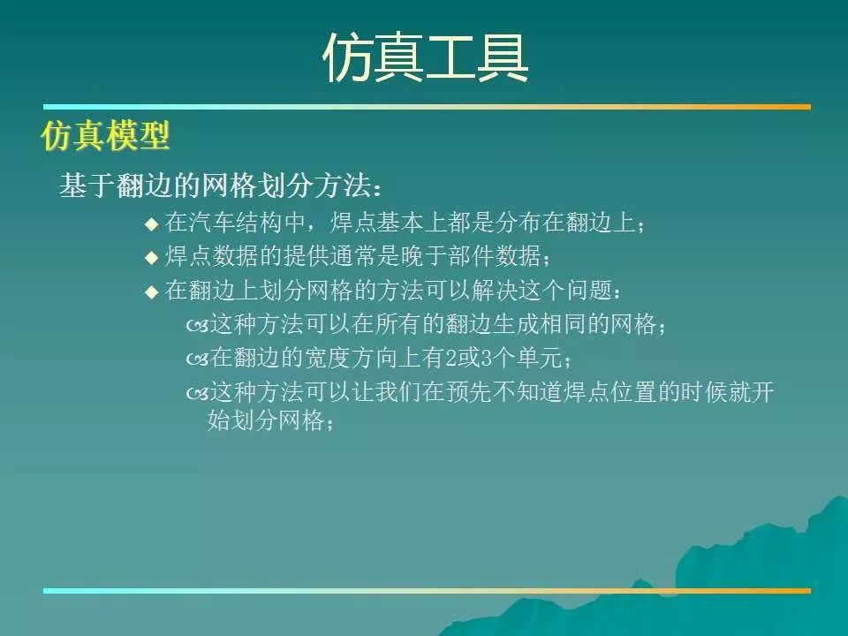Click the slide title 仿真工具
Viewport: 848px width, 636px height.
[425, 58]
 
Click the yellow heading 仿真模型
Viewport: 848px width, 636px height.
[105, 135]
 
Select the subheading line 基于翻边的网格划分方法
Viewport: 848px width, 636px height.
[222, 186]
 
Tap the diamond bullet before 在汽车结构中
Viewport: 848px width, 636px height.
[152, 223]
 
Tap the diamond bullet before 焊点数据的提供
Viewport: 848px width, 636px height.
[152, 257]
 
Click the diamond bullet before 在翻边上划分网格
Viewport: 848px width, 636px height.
[152, 291]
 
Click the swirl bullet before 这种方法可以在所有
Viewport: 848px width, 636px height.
[197, 326]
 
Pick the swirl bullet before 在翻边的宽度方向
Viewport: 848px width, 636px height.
[197, 360]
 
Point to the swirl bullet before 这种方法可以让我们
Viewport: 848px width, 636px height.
[197, 394]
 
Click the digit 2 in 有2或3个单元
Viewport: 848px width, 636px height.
[451, 358]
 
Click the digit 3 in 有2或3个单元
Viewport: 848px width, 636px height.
[487, 358]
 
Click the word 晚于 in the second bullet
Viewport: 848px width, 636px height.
[424, 256]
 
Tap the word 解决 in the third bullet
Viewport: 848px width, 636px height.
[495, 290]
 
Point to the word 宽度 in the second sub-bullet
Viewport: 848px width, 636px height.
[329, 358]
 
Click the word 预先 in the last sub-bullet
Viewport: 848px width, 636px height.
[469, 391]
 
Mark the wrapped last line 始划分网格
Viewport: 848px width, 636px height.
[270, 420]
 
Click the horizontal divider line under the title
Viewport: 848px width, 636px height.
[427, 107]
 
